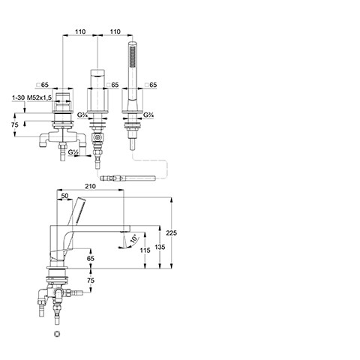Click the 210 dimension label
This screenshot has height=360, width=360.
click(x=90, y=186)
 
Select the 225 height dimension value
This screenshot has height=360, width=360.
click(x=171, y=233)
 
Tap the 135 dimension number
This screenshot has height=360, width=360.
click(x=160, y=247)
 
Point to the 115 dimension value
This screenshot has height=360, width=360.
click(x=145, y=250)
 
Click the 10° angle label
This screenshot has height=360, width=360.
click(x=134, y=239)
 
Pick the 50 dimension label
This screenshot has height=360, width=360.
click(x=64, y=196)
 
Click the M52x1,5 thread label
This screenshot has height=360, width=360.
click(x=39, y=97)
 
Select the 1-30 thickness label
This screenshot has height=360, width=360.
click(x=19, y=97)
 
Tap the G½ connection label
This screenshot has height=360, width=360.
click(x=73, y=151)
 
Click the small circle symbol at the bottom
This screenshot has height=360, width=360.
click(x=57, y=334)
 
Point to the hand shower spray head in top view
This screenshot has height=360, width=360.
click(x=133, y=54)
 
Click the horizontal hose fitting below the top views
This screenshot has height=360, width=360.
click(x=127, y=178)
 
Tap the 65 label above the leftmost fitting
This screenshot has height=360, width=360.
click(x=43, y=85)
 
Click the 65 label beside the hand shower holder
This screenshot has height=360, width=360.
click(x=151, y=85)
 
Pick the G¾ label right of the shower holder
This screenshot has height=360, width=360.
click(x=148, y=115)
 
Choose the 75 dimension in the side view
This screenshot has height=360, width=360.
click(x=91, y=280)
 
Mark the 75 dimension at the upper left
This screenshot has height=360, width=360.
click(x=15, y=124)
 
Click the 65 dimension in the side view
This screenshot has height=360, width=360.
click(x=91, y=258)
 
